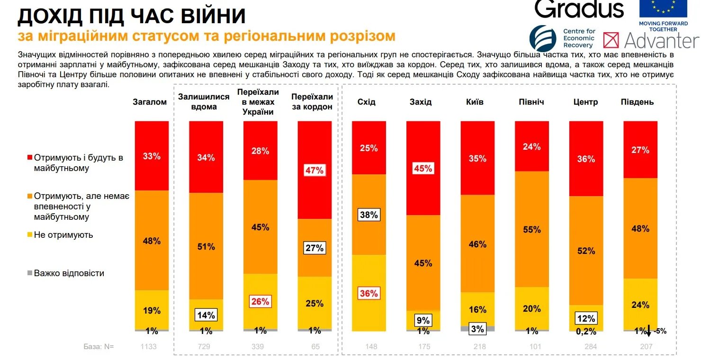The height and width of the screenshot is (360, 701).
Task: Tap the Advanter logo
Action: pyautogui.click(x=651, y=40)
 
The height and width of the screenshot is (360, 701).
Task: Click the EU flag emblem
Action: pyautogui.click(x=663, y=8)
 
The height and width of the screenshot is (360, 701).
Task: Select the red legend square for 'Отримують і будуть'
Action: pyautogui.click(x=30, y=157)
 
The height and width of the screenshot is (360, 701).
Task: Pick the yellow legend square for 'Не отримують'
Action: pyautogui.click(x=30, y=234)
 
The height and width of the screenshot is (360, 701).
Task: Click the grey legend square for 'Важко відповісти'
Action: pyautogui.click(x=30, y=273)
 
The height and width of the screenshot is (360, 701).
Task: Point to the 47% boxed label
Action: pyautogui.click(x=315, y=170)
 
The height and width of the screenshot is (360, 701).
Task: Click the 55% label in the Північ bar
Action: pyautogui.click(x=531, y=229)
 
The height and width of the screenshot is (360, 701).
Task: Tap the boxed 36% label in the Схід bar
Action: pyautogui.click(x=368, y=293)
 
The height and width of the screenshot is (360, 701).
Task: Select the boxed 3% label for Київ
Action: pyautogui.click(x=477, y=329)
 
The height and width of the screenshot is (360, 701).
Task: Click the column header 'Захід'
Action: pyautogui.click(x=421, y=102)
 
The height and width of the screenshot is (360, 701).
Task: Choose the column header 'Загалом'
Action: pyautogui.click(x=150, y=102)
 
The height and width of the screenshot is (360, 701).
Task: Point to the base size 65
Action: pyautogui.click(x=315, y=347)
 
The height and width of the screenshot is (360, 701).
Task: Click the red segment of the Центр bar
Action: pyautogui.click(x=586, y=158)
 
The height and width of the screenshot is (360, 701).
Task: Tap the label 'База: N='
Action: pyautogui.click(x=99, y=347)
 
